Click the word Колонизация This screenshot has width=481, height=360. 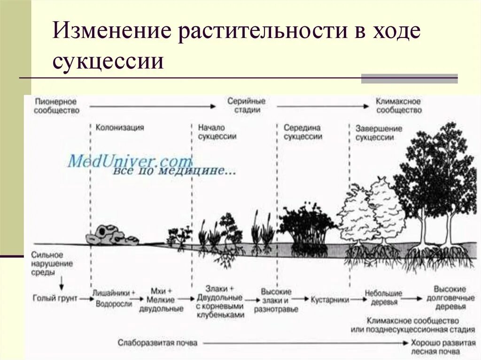(x=120, y=127)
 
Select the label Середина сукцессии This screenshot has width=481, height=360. (x=303, y=132)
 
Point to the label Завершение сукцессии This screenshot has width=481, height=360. (x=379, y=133)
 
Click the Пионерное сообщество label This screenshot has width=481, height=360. (x=56, y=106)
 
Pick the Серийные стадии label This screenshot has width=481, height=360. (x=246, y=106)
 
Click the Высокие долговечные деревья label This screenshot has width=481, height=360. (x=450, y=298)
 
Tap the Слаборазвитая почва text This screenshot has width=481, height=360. (x=157, y=343)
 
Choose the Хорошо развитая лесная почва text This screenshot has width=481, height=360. (x=443, y=347)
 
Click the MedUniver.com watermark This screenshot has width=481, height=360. (x=130, y=161)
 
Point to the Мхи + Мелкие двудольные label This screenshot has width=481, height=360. (x=161, y=299)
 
